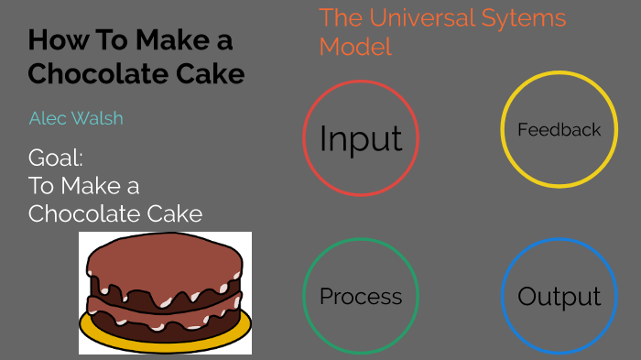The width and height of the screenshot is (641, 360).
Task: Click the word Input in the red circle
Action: (361, 139)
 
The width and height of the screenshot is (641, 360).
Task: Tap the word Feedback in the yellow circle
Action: (559, 130)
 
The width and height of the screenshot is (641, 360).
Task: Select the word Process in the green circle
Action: (361, 297)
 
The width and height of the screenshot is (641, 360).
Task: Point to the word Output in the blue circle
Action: (559, 297)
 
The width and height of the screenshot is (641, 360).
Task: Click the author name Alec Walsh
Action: (76, 118)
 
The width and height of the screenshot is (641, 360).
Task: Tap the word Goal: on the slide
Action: (56, 157)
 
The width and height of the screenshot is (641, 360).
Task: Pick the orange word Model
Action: (355, 47)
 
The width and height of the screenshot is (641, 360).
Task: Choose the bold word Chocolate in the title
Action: (93, 74)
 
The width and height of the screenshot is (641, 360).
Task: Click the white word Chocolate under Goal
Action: (81, 214)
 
